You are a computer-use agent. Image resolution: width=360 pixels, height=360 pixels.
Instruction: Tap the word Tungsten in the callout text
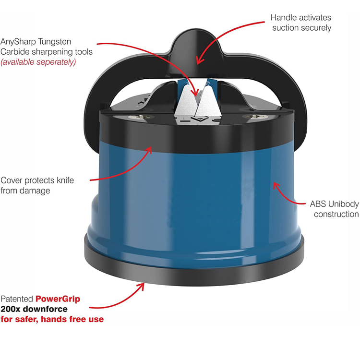coord(55,42)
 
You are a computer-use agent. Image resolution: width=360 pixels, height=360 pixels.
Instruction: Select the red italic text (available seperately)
coord(38,62)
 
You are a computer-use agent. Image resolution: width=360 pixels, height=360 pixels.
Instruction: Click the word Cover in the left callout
coord(12,180)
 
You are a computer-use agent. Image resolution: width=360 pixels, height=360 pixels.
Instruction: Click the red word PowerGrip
coord(58,299)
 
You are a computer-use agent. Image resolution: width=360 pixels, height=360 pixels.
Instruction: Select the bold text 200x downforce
coord(34,309)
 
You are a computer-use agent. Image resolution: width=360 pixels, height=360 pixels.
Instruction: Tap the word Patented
coord(17,299)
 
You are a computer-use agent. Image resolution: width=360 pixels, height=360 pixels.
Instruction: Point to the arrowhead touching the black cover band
coord(148,150)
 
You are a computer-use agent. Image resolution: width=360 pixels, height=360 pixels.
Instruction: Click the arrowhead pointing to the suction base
coord(141,286)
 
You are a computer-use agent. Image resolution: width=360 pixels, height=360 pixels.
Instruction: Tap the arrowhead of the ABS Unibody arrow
coord(276,185)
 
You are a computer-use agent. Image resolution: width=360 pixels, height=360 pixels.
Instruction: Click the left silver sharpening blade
coord(185,100)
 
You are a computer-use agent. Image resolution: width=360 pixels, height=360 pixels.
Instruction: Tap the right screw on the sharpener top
coord(255,117)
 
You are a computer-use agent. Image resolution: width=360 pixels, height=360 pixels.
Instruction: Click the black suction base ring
coord(194,273)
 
